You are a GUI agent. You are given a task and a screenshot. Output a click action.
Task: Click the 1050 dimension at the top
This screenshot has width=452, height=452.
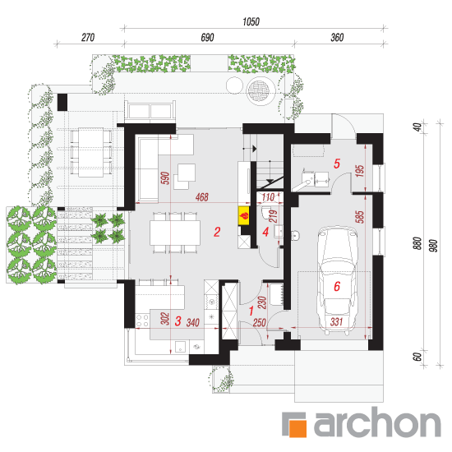click(x=251, y=21)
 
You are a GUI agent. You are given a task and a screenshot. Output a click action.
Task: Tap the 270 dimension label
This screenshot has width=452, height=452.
click(x=88, y=38)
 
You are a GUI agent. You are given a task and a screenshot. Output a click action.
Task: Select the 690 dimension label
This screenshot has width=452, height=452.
click(x=208, y=38)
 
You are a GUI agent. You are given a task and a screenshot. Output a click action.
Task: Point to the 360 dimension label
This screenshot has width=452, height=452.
click(x=337, y=38)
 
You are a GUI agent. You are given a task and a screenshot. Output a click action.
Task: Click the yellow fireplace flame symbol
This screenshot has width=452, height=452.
click(x=244, y=216)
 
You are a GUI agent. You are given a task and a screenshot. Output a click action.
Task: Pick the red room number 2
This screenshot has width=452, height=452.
click(x=217, y=232)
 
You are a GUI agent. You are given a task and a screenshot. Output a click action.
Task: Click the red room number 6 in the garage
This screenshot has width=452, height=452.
click(x=337, y=286)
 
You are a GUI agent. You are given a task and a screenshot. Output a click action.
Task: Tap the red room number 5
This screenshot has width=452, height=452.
click(x=337, y=164)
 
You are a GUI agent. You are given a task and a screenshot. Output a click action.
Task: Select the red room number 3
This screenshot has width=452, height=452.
click(x=178, y=321)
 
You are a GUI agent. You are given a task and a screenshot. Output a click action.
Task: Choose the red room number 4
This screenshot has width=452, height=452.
click(x=265, y=232)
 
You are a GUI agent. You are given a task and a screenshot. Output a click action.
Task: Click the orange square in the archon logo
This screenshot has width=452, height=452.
click(x=297, y=427)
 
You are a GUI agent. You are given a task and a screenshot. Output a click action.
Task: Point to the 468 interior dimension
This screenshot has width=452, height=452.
click(x=202, y=197)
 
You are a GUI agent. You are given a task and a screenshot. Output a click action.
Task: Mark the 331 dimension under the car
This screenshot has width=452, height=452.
click(x=336, y=321)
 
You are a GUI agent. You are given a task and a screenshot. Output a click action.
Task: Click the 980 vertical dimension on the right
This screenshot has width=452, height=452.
click(x=433, y=246)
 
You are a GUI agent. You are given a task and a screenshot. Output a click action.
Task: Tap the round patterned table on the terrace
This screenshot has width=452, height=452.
click(x=259, y=90)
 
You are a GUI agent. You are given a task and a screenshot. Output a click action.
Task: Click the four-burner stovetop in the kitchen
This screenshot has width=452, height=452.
click(x=142, y=321)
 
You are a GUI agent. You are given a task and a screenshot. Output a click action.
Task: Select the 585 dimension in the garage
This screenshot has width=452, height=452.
click(x=360, y=217)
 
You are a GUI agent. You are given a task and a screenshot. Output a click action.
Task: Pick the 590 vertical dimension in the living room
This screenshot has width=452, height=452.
click(x=165, y=178)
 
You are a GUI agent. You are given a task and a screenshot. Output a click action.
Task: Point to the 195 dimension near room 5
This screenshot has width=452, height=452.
click(x=360, y=171)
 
